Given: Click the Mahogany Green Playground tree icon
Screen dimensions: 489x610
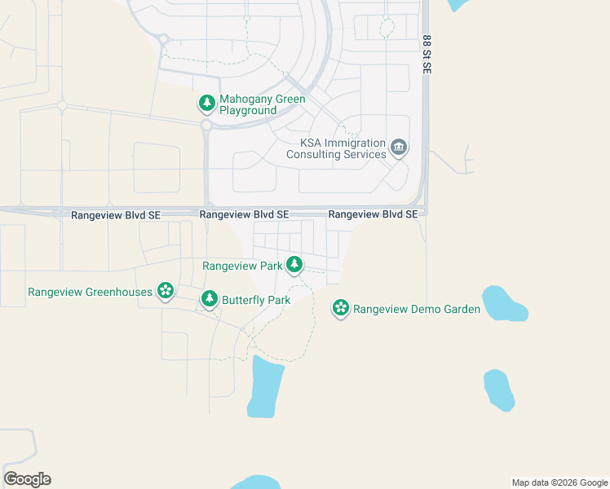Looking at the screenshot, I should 207,104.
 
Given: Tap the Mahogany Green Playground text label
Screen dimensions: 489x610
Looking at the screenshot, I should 262,104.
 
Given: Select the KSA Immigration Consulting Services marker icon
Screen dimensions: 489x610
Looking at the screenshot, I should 399,148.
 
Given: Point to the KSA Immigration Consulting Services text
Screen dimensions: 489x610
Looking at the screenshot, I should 343,148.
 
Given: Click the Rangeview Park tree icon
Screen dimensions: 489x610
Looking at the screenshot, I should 294,265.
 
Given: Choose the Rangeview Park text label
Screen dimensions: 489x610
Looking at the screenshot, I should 242,266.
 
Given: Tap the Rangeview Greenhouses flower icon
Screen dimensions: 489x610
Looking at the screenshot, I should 166,291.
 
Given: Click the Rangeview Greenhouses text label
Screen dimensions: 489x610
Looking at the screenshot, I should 91,292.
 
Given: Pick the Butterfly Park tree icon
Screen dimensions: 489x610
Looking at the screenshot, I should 210,299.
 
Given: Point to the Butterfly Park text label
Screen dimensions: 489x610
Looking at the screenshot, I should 256,300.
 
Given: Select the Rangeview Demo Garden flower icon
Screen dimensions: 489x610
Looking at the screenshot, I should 341,308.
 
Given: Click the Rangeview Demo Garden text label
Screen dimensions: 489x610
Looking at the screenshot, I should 417,309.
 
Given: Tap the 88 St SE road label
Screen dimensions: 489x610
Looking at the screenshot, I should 427,55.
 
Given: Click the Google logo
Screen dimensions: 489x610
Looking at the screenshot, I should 27,479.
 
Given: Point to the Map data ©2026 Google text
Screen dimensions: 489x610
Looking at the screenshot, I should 560,482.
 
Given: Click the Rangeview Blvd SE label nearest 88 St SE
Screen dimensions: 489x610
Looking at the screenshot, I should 373,214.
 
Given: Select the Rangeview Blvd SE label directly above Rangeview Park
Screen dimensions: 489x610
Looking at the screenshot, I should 245,214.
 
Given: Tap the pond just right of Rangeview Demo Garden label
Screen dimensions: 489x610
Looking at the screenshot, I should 502,303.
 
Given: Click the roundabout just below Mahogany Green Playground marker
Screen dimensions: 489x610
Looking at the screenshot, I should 206,126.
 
